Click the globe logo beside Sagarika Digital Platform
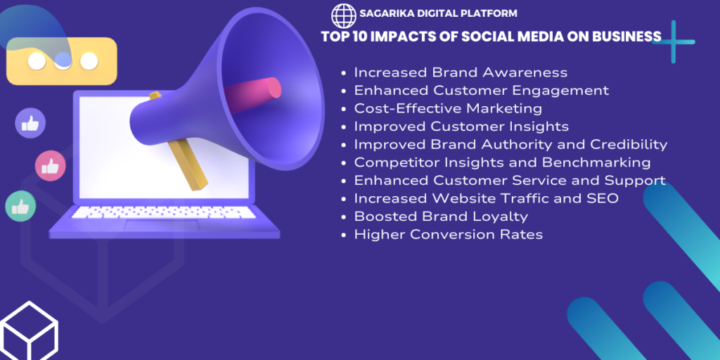[343, 15]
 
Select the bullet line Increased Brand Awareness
[461, 72]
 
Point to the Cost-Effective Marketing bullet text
[448, 108]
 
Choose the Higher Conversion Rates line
[448, 235]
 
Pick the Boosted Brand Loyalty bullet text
[441, 217]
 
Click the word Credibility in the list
[629, 145]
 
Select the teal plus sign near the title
[673, 41]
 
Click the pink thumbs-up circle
[51, 166]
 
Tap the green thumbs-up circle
[20, 206]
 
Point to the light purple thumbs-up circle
[30, 123]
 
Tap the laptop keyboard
[163, 212]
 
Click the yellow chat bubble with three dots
[62, 61]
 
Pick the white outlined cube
[28, 332]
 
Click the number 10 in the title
[356, 37]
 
